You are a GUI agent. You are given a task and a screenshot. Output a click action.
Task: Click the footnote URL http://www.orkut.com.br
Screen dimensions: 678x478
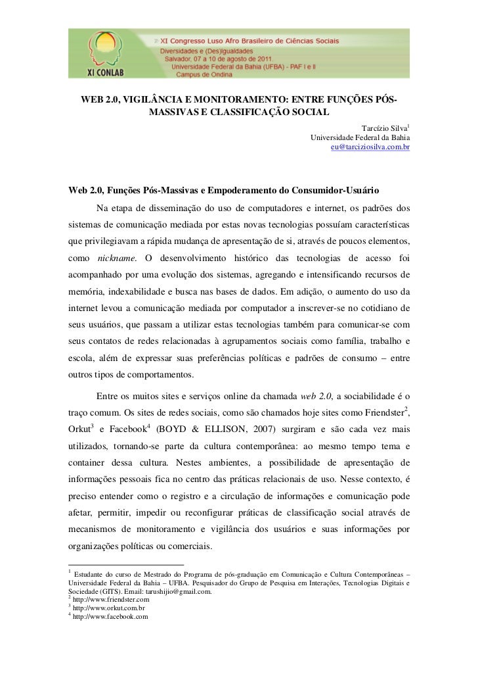pos(108,608)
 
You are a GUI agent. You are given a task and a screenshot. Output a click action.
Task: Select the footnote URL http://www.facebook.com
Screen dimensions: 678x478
pos(110,617)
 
